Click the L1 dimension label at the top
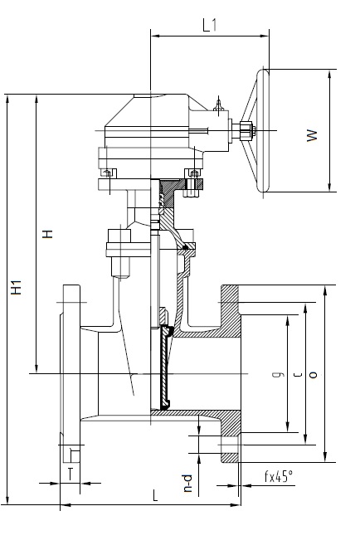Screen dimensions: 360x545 [x=210, y=25]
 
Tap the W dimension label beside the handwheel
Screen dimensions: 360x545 [x=312, y=135]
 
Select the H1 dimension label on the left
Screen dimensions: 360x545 [x=16, y=287]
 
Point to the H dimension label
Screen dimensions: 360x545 [x=47, y=234]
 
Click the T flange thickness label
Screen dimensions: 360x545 [x=71, y=474]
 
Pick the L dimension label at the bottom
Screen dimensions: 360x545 [x=155, y=495]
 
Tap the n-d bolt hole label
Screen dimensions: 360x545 [x=187, y=483]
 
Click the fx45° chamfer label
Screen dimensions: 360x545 [x=279, y=476]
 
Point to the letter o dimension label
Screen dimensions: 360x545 [x=313, y=375]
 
